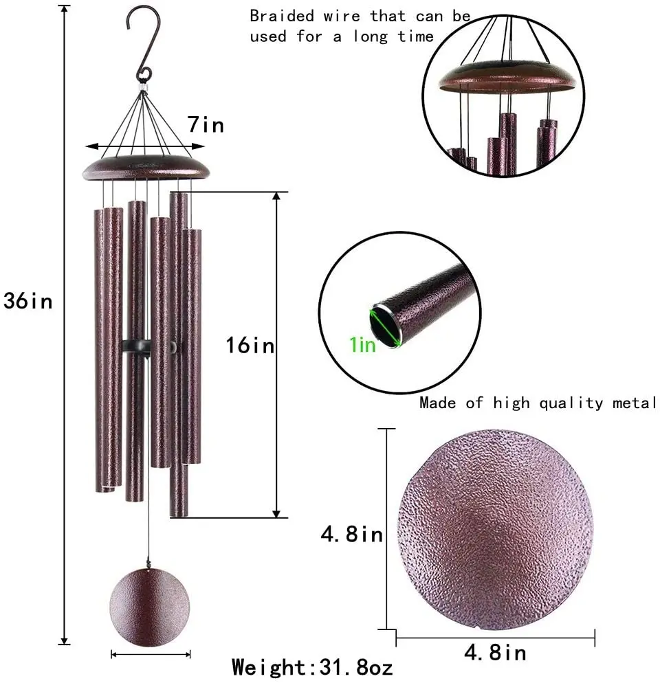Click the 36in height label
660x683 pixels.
tap(27, 301)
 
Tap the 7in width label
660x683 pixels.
tap(206, 126)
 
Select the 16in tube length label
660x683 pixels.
tap(250, 346)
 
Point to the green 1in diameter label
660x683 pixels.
tap(363, 344)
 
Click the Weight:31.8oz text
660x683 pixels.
tap(312, 667)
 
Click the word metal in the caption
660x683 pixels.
tap(634, 403)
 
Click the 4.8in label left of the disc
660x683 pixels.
tap(352, 534)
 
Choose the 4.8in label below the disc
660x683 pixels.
tap(495, 653)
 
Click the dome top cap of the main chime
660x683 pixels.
tap(146, 166)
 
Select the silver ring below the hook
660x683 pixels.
tap(144, 88)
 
